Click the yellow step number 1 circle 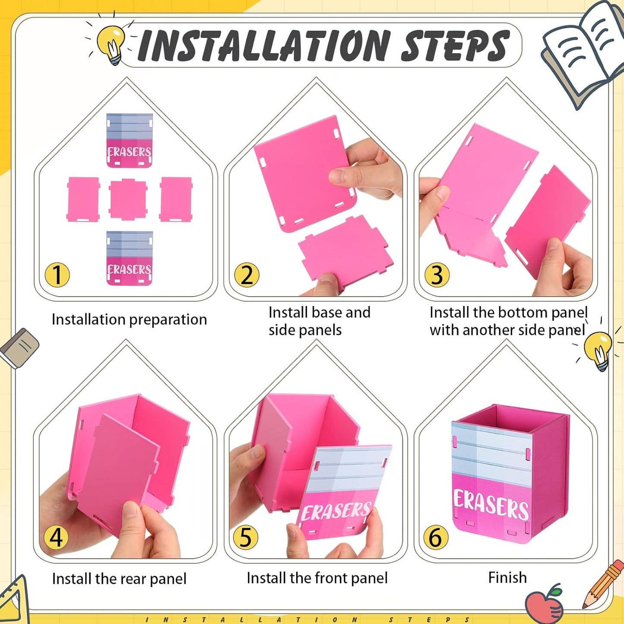[x=57, y=275]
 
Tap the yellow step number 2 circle [x=247, y=275]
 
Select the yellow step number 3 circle [x=437, y=275]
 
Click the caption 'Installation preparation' [x=129, y=320]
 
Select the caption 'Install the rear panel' [x=119, y=579]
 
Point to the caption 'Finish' [x=507, y=577]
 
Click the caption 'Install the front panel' [x=317, y=578]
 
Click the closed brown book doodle [x=19, y=348]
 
